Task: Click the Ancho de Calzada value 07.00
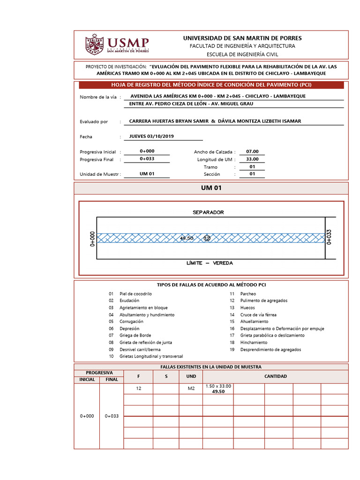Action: point(252,151)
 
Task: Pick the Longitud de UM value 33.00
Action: point(252,159)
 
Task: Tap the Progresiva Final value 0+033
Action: point(147,159)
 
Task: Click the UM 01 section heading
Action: point(211,188)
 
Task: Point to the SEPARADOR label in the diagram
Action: point(208,212)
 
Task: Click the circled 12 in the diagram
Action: point(207,238)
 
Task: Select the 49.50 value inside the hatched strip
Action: point(187,238)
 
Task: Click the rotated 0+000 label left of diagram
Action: point(92,238)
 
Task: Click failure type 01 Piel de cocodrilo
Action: point(135,293)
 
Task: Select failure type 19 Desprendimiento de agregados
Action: point(271,350)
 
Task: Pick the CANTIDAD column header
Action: point(276,376)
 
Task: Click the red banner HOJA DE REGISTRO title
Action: point(211,85)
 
